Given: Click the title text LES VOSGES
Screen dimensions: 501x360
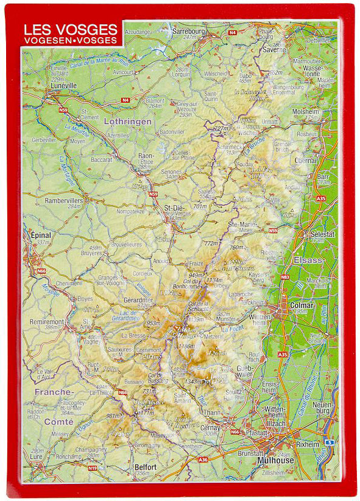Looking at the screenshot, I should click(x=70, y=29).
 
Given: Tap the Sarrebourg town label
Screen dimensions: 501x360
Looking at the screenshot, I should click(x=188, y=30).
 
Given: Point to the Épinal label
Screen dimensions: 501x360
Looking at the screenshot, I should click(x=40, y=234).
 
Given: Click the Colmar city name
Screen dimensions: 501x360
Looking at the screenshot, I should click(x=302, y=305).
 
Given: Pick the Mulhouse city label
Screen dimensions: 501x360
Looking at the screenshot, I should click(x=275, y=460).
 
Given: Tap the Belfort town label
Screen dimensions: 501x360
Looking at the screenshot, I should click(x=146, y=467).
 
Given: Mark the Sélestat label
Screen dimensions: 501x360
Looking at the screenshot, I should click(x=322, y=234).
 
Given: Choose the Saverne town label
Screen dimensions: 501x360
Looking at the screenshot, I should click(x=274, y=50).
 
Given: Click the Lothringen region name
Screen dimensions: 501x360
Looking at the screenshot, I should click(x=127, y=122).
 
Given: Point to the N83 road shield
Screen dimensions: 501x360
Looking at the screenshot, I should click(x=285, y=277).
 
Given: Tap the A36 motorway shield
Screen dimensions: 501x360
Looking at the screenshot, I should click(x=203, y=460).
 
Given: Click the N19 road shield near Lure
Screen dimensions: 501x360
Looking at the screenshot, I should click(x=92, y=468).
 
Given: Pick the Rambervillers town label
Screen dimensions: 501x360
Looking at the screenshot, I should click(x=63, y=200).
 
